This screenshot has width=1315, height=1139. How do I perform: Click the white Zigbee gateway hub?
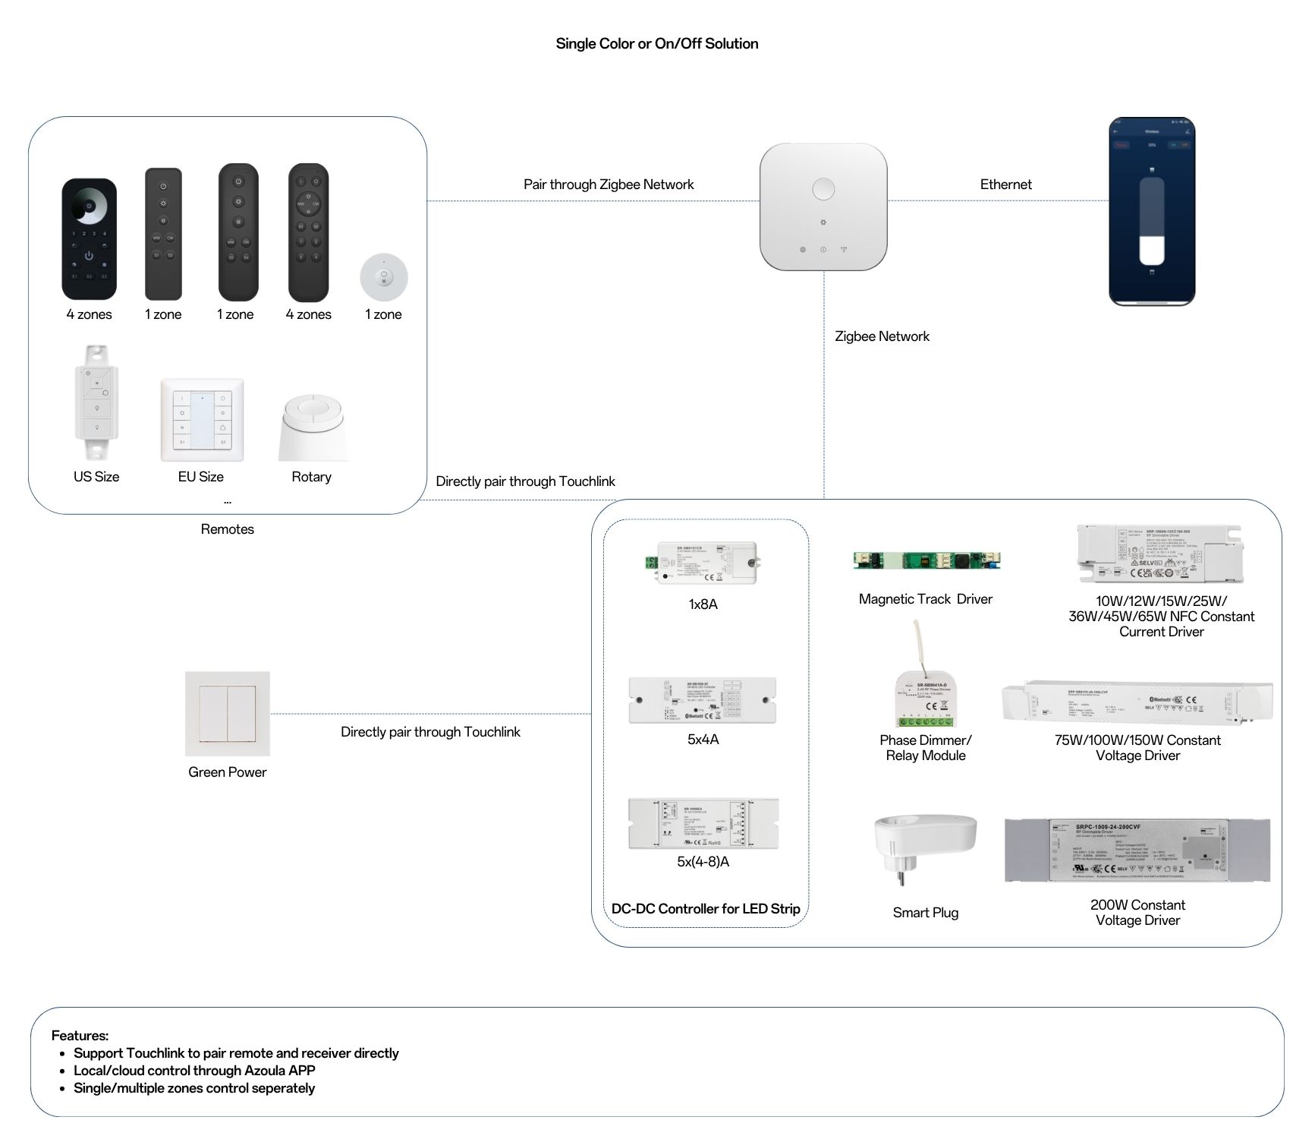point(823,207)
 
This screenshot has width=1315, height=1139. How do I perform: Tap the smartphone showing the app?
point(1151,212)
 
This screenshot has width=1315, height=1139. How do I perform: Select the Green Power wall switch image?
point(228,713)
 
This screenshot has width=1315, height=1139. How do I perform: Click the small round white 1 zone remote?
point(383,277)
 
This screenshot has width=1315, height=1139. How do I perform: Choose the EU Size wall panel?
point(202,420)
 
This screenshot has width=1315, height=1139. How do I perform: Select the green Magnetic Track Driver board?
point(926,560)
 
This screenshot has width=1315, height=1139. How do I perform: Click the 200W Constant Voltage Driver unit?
point(1137,850)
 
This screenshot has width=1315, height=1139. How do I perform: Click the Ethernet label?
point(1005,185)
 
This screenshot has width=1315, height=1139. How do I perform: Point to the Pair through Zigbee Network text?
point(609,185)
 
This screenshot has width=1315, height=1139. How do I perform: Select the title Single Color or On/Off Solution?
point(656,44)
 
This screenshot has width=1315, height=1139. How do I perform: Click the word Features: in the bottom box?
point(80,1036)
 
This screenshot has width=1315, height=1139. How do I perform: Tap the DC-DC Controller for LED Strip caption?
point(706,909)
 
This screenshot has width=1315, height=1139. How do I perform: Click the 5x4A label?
point(703,740)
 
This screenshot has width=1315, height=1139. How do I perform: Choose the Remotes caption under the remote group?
point(227,529)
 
